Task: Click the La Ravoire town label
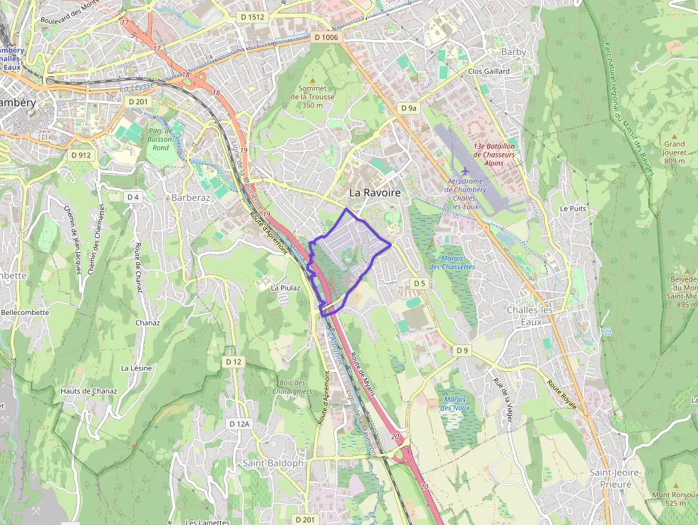375,192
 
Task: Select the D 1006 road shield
326,37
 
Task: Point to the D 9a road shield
408,108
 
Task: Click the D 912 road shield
81,155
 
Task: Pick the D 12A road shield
240,424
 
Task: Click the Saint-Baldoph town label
273,463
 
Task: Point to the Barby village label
513,52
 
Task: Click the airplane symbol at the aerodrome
465,171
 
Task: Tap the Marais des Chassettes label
452,262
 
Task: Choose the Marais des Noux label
455,403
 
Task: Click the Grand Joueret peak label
674,152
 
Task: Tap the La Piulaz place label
286,288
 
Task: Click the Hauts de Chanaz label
88,391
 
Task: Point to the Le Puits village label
573,209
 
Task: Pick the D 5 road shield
419,284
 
